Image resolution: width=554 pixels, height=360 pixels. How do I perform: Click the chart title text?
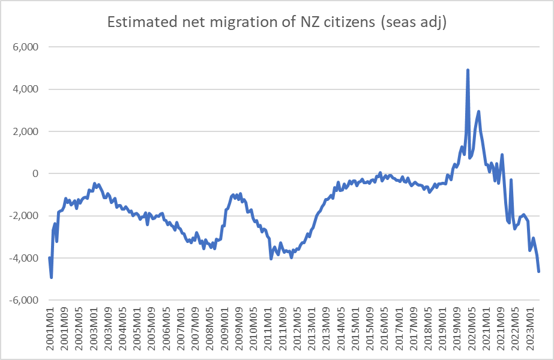click(x=277, y=22)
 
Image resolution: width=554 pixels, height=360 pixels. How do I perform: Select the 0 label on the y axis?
click(x=35, y=174)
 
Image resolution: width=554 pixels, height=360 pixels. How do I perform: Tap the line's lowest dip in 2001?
click(x=52, y=277)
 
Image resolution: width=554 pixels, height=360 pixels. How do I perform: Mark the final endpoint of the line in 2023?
click(x=538, y=272)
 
